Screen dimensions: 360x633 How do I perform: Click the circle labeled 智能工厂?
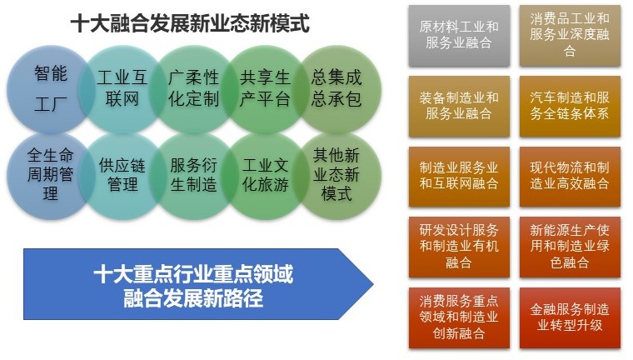click(50, 88)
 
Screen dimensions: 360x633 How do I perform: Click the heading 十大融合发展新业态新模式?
click(190, 24)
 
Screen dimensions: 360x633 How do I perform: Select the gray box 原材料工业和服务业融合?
click(459, 35)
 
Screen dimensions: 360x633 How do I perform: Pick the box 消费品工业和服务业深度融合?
click(569, 35)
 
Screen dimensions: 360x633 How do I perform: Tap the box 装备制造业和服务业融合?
click(459, 106)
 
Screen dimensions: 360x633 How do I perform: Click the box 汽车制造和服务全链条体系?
click(569, 106)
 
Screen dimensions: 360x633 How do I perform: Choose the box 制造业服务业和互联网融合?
click(459, 177)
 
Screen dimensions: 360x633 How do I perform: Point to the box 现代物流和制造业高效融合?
click(569, 177)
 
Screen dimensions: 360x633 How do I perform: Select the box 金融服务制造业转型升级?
click(569, 317)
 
